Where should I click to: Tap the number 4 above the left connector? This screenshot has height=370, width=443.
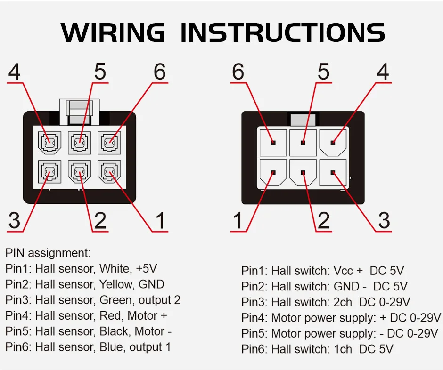[15, 72]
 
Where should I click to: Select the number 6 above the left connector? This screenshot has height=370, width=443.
[160, 72]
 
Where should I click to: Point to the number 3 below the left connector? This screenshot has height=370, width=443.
[15, 220]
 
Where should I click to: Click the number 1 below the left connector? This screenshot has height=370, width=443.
[160, 220]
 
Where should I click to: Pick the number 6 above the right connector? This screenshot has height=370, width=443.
[238, 72]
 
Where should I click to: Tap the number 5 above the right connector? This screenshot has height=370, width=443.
[323, 72]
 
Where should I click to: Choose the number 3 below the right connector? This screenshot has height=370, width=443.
[384, 220]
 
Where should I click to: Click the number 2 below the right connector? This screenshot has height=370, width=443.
[323, 220]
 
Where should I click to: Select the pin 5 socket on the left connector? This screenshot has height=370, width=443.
[79, 142]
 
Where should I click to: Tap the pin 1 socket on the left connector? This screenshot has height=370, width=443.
[109, 173]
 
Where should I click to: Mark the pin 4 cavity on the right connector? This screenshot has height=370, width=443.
[333, 142]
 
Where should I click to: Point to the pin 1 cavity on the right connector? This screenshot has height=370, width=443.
[273, 173]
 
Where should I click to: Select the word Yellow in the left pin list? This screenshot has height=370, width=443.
[116, 284]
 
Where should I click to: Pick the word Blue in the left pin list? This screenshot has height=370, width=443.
[111, 347]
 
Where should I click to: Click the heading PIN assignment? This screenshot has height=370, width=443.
[48, 253]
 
